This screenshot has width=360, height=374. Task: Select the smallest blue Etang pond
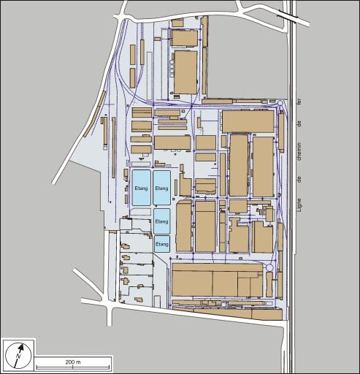pos(162,243)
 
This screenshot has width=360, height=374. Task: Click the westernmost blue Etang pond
pos(142,188)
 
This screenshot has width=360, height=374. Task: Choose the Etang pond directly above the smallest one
pos(162,221)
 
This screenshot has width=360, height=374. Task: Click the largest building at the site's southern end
pos(216,280)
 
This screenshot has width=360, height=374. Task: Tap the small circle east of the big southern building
pos(271,269)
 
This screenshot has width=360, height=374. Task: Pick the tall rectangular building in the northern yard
pos(185,72)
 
